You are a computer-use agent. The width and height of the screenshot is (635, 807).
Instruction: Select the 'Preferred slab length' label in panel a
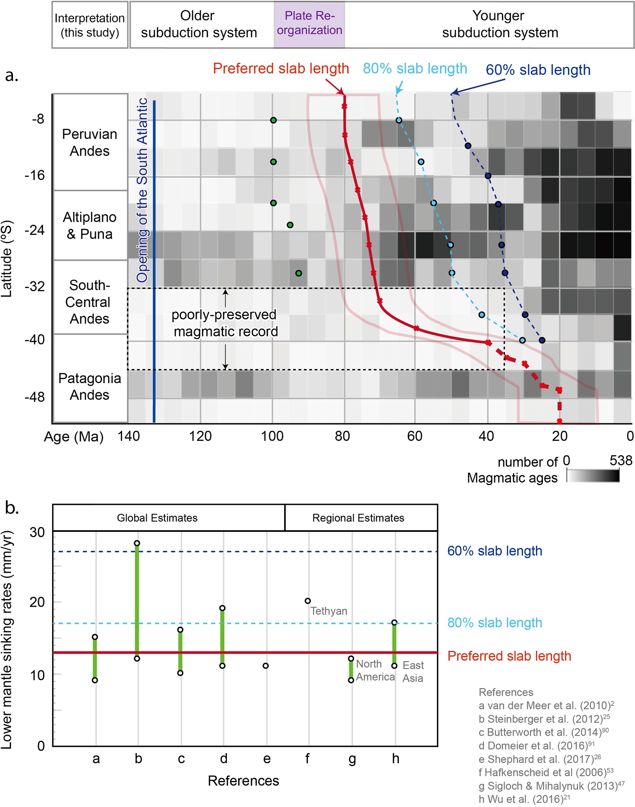281,69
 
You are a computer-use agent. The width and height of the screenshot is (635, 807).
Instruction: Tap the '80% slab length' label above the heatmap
415,69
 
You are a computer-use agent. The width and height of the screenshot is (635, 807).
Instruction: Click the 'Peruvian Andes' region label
90,142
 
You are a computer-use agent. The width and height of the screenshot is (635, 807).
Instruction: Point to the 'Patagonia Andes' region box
90,386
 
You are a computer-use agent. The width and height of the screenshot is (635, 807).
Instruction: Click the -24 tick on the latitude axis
35,230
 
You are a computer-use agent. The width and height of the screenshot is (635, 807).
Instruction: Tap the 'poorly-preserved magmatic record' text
224,323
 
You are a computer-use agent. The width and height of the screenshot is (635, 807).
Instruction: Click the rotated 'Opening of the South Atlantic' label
142,190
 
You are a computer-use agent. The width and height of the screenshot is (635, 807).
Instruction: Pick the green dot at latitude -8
273,120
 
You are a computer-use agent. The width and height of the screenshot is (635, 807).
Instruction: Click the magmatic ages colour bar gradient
593,476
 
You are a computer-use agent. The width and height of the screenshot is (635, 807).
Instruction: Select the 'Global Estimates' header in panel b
157,518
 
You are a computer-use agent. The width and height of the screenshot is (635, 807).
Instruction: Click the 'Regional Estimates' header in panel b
358,518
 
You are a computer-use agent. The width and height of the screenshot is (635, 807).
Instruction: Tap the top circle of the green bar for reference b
137,543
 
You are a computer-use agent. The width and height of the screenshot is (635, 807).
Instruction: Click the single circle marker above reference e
265,666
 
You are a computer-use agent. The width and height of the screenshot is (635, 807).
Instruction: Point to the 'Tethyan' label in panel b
329,611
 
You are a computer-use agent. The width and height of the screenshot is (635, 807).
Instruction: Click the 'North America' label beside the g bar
375,670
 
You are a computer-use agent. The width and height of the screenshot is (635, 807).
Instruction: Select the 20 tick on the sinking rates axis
37,602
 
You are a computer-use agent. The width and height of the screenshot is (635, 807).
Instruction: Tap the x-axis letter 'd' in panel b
224,758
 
